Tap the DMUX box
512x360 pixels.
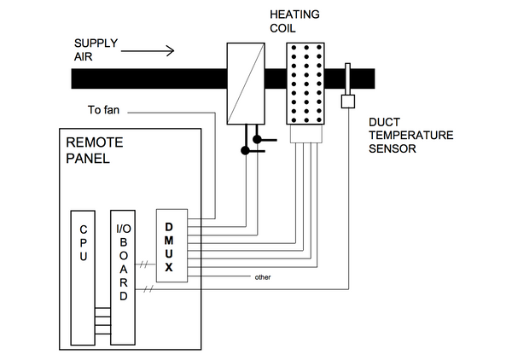(170, 244)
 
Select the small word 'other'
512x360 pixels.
(263, 277)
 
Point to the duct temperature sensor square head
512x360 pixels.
(347, 102)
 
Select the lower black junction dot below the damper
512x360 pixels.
(245, 151)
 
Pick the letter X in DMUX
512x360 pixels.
(169, 268)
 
